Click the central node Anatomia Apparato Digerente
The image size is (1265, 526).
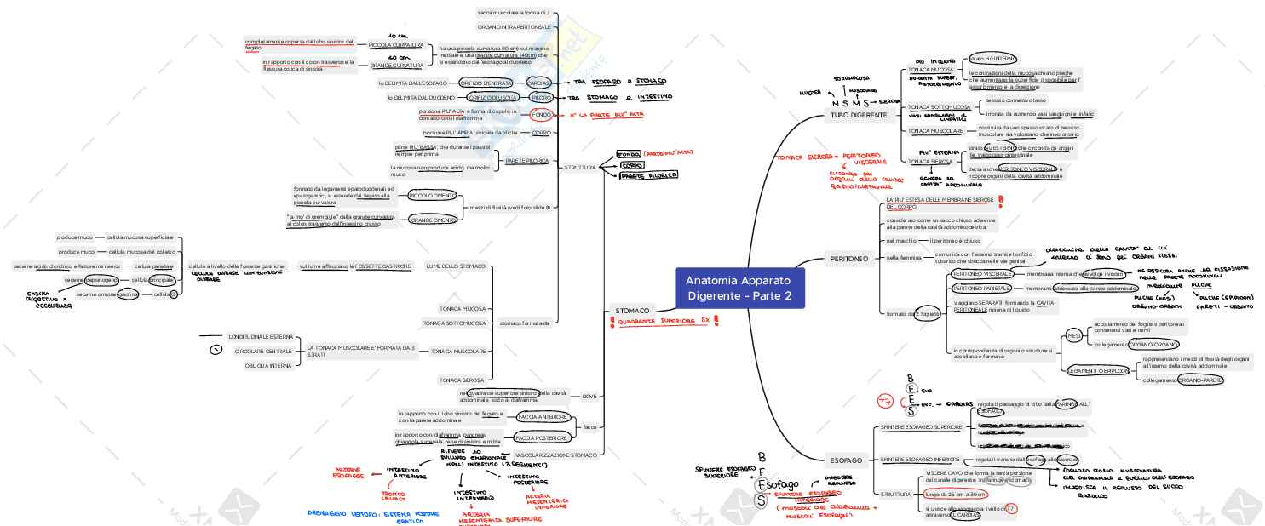[x=739, y=289]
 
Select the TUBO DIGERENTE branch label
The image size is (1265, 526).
[x=859, y=115]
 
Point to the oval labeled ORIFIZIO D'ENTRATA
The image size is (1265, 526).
[x=486, y=83]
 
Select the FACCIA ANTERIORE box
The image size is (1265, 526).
[x=541, y=416]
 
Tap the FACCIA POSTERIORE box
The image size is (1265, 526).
[x=541, y=437]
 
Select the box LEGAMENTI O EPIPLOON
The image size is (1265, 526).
[x=1098, y=370]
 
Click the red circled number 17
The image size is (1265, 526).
[x=887, y=400]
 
